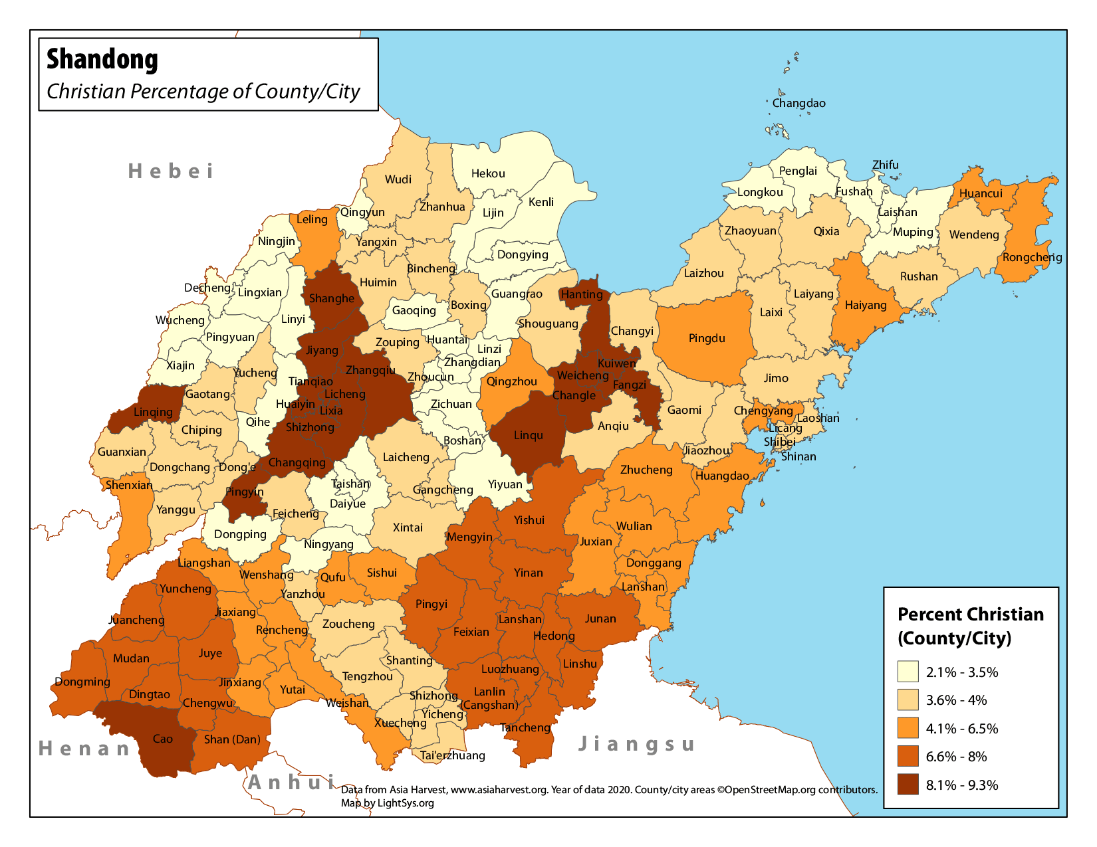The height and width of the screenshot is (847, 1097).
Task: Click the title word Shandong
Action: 102,60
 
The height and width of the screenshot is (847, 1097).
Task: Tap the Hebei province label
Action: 171,171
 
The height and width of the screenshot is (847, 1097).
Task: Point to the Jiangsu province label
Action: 636,744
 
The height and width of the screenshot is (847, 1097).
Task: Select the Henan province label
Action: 84,749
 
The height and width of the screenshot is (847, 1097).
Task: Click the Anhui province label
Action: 292,783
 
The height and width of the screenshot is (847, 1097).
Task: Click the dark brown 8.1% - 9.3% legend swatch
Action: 908,785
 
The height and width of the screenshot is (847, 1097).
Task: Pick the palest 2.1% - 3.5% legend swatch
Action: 908,672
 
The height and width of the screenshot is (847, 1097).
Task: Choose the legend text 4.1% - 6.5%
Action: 962,729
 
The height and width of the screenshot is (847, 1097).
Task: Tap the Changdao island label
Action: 798,103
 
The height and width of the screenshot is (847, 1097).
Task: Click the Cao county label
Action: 163,739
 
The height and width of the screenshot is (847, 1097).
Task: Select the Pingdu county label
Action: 707,338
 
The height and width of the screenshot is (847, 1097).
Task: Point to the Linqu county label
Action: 529,435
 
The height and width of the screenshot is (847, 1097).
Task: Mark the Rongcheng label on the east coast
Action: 1032,257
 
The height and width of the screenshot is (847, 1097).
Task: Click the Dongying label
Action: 523,254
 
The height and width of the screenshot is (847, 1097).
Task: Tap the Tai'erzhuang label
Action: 453,755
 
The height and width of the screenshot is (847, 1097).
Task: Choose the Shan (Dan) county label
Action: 232,739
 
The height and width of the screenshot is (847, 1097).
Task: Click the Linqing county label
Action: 153,412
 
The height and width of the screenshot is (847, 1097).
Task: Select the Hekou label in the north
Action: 488,173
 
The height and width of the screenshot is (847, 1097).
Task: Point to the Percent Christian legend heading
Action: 970,626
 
